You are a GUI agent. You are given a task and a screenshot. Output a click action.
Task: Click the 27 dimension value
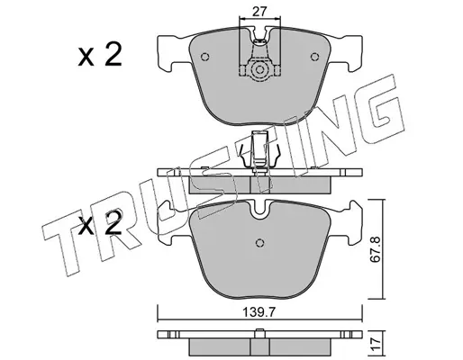coord(259,12)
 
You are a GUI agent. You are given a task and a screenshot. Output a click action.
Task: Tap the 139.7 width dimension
coord(259,312)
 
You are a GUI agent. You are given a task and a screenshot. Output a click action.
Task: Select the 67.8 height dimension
coord(375,249)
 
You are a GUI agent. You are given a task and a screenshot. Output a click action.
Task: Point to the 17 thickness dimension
coord(376,341)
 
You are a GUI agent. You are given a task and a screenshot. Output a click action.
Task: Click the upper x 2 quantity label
coord(100,54)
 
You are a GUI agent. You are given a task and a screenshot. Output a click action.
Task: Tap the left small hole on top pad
coord(204,57)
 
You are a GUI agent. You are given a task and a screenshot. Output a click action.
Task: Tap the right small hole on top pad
coord(314,57)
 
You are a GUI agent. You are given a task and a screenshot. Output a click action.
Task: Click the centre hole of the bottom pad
coord(259,242)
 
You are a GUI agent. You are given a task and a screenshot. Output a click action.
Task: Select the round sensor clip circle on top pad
coord(259,70)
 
